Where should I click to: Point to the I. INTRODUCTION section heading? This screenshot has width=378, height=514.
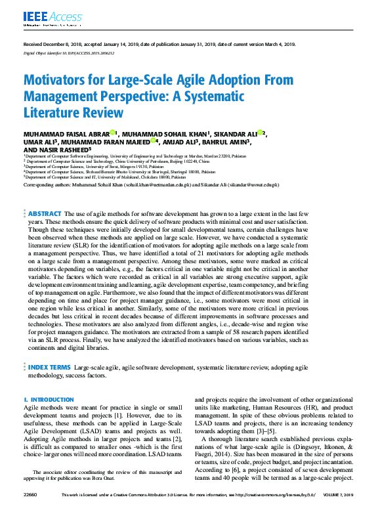click(x=49, y=399)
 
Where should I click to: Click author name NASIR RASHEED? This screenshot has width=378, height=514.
click(x=74, y=149)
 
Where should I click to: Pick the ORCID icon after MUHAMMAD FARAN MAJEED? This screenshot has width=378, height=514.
click(x=154, y=140)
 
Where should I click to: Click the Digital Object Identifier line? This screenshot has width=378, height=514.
click(x=64, y=54)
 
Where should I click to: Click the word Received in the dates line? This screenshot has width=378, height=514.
click(x=33, y=44)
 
